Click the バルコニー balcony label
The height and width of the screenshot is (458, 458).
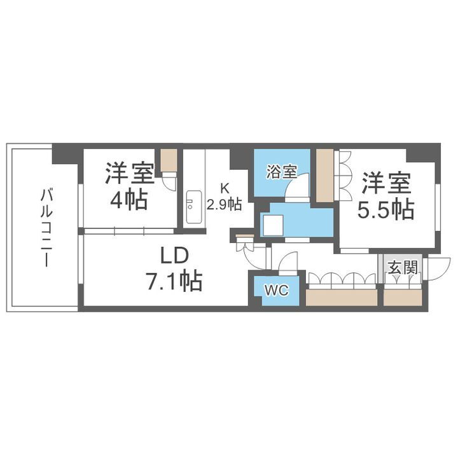tap(46, 227)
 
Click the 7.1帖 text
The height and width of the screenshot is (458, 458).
tap(174, 281)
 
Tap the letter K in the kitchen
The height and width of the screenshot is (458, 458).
tap(224, 188)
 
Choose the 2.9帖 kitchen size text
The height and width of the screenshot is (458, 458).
tap(223, 204)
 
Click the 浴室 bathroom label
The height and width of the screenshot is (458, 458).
tap(282, 171)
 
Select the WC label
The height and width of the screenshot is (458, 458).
tap(277, 291)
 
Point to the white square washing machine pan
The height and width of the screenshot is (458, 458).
tap(275, 224)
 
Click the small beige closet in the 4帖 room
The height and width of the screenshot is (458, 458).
tap(169, 160)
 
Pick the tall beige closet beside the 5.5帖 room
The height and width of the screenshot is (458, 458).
tap(324, 176)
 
